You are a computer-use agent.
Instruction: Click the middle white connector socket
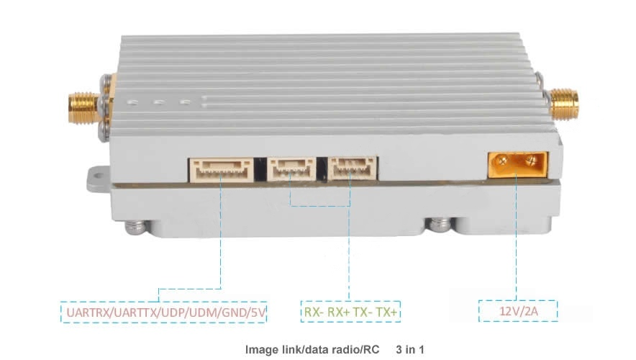[291, 169]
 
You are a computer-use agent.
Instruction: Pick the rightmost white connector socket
[351, 169]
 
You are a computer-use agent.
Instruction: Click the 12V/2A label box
[518, 312]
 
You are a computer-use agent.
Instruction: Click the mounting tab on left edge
[99, 178]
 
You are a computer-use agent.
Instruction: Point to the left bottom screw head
[135, 228]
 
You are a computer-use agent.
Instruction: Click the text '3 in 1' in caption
[410, 350]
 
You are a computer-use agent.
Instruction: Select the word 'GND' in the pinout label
[234, 312]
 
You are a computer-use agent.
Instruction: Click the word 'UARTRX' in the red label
[85, 312]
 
